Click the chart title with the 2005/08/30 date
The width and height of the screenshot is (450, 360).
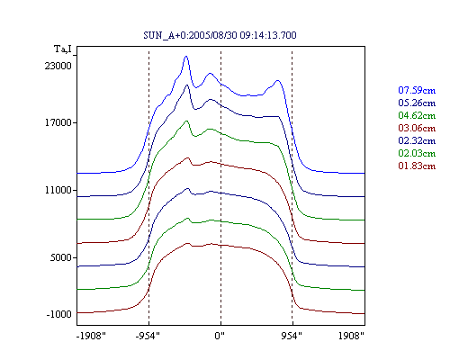[x=220, y=35]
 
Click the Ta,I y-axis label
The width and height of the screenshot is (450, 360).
[x=63, y=49]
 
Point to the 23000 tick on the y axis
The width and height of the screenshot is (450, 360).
[x=58, y=66]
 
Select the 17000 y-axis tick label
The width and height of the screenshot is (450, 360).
[x=58, y=122]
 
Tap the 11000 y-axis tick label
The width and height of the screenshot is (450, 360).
[x=58, y=190]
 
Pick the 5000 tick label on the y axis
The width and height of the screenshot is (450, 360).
[x=60, y=257]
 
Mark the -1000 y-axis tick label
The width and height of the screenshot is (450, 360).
[x=58, y=314]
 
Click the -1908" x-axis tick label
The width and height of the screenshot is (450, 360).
[x=91, y=336]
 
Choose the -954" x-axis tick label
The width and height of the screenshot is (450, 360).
[x=148, y=336]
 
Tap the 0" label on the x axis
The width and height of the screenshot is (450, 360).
[x=220, y=336]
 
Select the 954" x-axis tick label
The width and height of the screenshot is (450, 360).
[x=292, y=336]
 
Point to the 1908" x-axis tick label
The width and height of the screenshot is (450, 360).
[x=351, y=336]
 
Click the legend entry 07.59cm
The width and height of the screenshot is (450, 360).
[x=417, y=90]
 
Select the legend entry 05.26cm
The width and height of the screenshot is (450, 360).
[x=417, y=103]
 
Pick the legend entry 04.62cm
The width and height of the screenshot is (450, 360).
[x=417, y=115]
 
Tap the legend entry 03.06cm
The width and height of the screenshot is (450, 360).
[x=417, y=128]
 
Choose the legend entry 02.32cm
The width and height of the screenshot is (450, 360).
[x=417, y=140]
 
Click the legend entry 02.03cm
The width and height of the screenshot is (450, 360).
[x=417, y=153]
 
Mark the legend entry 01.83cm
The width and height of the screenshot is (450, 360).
[x=417, y=166]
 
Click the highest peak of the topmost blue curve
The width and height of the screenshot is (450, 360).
[x=186, y=56]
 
